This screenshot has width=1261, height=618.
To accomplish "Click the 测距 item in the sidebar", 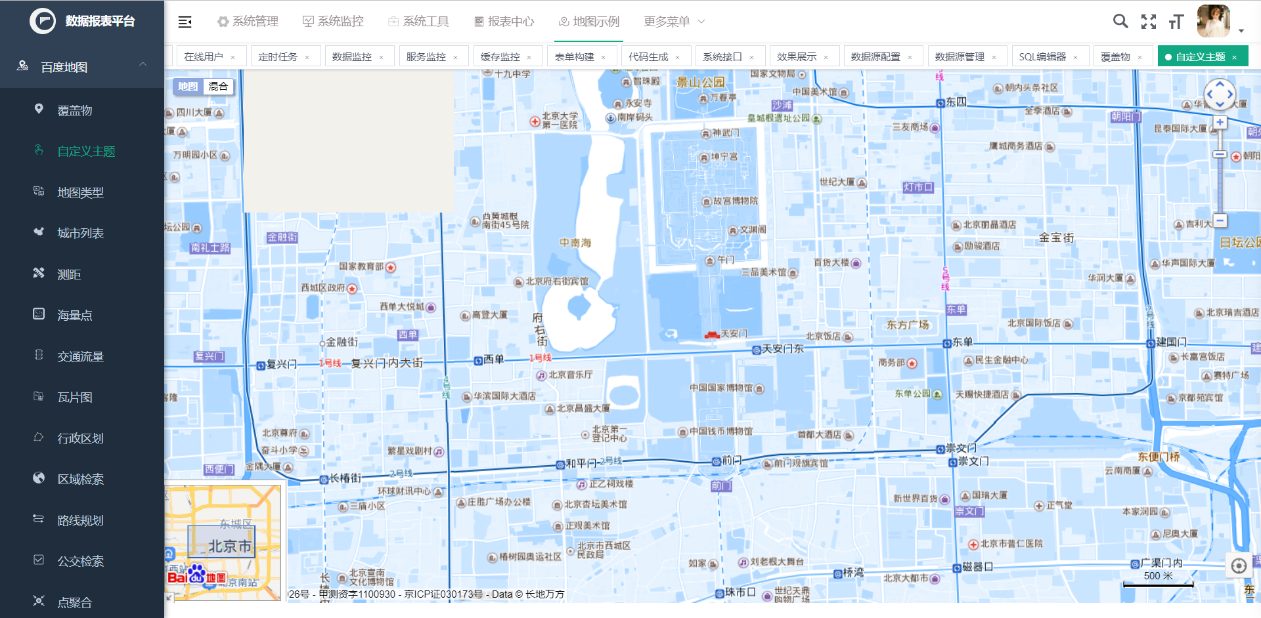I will [x=69, y=274].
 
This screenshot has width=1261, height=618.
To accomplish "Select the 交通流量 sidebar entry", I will [x=80, y=356].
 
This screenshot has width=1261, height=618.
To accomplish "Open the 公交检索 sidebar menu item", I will [x=80, y=561].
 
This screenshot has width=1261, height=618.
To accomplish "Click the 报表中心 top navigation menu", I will [x=504, y=22].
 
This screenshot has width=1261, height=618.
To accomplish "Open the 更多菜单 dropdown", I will [x=674, y=22].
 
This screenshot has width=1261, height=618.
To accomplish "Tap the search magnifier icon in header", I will [x=1120, y=22].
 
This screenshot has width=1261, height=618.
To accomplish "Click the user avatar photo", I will [x=1213, y=21].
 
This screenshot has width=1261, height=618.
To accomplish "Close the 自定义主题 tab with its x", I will [x=1234, y=57].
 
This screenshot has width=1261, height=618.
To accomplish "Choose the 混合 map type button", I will [x=218, y=87].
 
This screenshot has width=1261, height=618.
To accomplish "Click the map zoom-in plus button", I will [x=1220, y=122].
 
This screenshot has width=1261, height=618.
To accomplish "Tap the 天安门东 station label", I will [x=782, y=349].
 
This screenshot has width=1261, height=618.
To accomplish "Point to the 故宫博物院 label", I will [x=735, y=201].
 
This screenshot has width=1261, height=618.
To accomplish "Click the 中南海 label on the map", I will [x=575, y=243].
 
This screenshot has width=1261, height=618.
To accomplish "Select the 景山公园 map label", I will [x=701, y=83].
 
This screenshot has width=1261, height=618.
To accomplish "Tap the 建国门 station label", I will [x=1171, y=342].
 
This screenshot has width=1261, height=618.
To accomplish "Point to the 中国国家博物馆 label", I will [x=721, y=388].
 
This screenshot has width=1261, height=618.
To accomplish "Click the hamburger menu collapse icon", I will [x=185, y=22].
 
